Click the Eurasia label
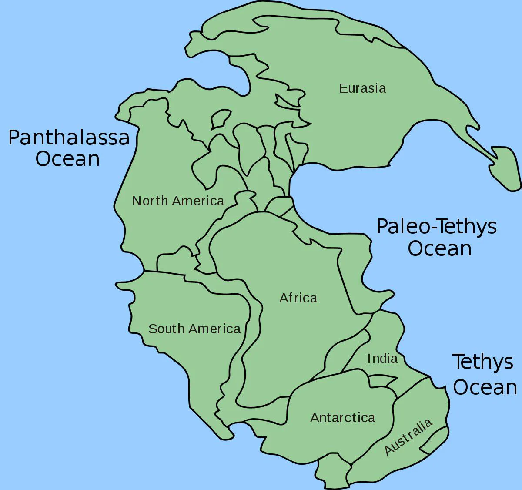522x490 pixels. pyautogui.click(x=362, y=88)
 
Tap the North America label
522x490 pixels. pyautogui.click(x=178, y=201)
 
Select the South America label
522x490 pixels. pyautogui.click(x=194, y=329)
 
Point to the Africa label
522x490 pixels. pyautogui.click(x=298, y=298)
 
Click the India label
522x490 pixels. pyautogui.click(x=382, y=359)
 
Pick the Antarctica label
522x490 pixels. pyautogui.click(x=342, y=418)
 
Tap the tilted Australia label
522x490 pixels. pyautogui.click(x=408, y=436)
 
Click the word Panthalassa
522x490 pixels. pyautogui.click(x=69, y=138)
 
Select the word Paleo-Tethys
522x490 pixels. pyautogui.click(x=436, y=226)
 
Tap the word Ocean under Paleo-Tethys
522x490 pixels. pyautogui.click(x=439, y=248)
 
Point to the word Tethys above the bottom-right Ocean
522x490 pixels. pyautogui.click(x=483, y=362)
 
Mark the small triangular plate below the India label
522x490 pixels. pyautogui.click(x=382, y=381)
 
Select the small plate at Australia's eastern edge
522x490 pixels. pyautogui.click(x=435, y=440)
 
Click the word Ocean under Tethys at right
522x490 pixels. pyautogui.click(x=485, y=387)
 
